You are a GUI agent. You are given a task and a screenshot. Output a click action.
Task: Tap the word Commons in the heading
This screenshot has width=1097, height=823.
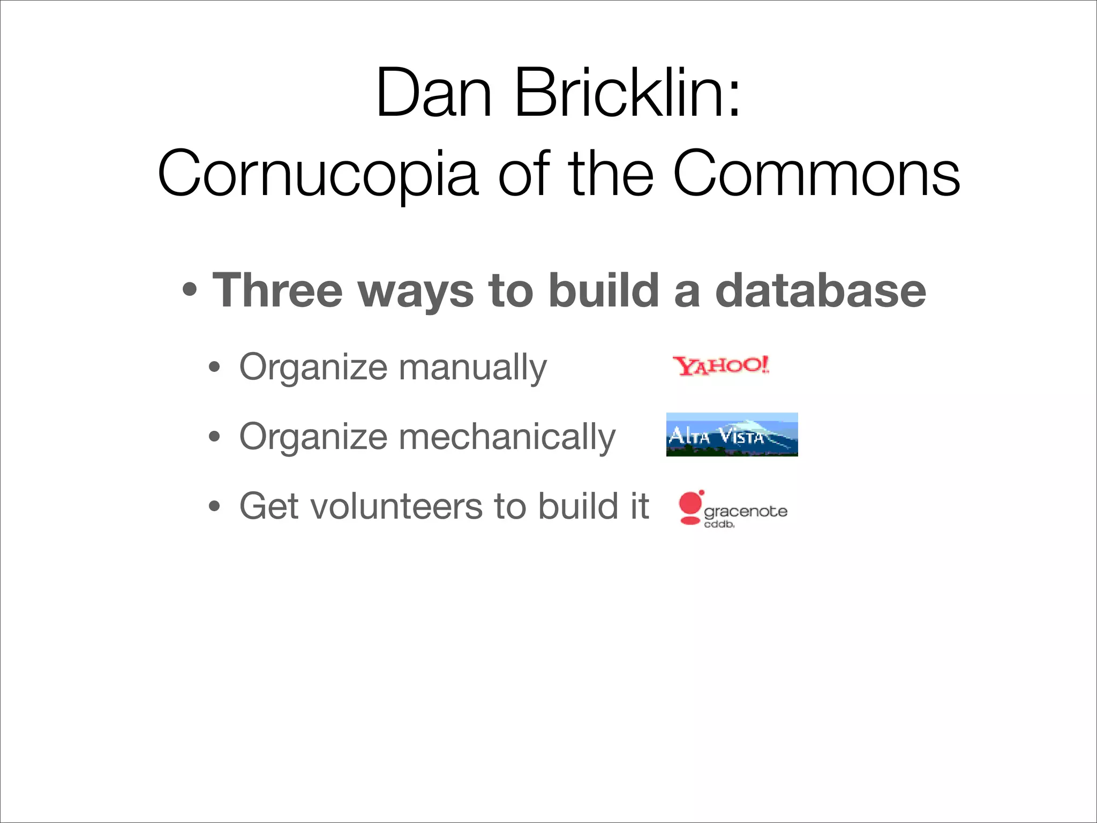pos(816,174)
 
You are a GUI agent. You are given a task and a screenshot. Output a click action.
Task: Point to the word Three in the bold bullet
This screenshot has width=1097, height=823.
pos(277,290)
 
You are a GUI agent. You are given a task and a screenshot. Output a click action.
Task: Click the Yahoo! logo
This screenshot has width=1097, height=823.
pos(721,366)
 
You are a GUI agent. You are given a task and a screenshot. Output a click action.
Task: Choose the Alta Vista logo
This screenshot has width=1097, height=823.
pos(732,435)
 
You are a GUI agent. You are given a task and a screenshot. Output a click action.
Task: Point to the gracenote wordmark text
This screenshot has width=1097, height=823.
pos(745,511)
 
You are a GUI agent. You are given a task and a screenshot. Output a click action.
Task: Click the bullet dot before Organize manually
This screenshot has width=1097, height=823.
pos(214,368)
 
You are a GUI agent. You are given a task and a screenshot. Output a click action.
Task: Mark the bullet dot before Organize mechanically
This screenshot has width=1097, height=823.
pos(214,437)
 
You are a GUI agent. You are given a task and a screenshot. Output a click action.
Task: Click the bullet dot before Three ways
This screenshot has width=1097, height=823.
pos(190,290)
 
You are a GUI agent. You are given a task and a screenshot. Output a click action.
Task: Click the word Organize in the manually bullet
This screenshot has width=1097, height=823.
pos(313,368)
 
